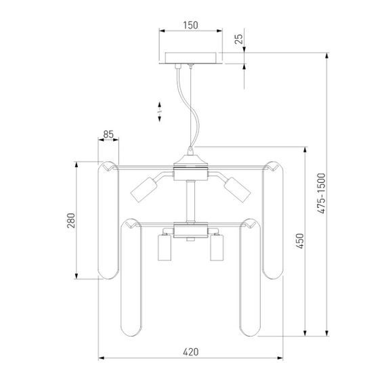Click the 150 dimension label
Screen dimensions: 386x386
(190, 25)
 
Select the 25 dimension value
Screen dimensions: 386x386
(238, 39)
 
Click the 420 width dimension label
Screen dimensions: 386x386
(190, 351)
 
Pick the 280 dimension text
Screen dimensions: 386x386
(71, 221)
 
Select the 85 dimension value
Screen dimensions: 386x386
(108, 135)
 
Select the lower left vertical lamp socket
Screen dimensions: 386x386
(163, 248)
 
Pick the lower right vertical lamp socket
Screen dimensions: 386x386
(217, 248)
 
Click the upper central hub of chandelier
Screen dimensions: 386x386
(190, 168)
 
